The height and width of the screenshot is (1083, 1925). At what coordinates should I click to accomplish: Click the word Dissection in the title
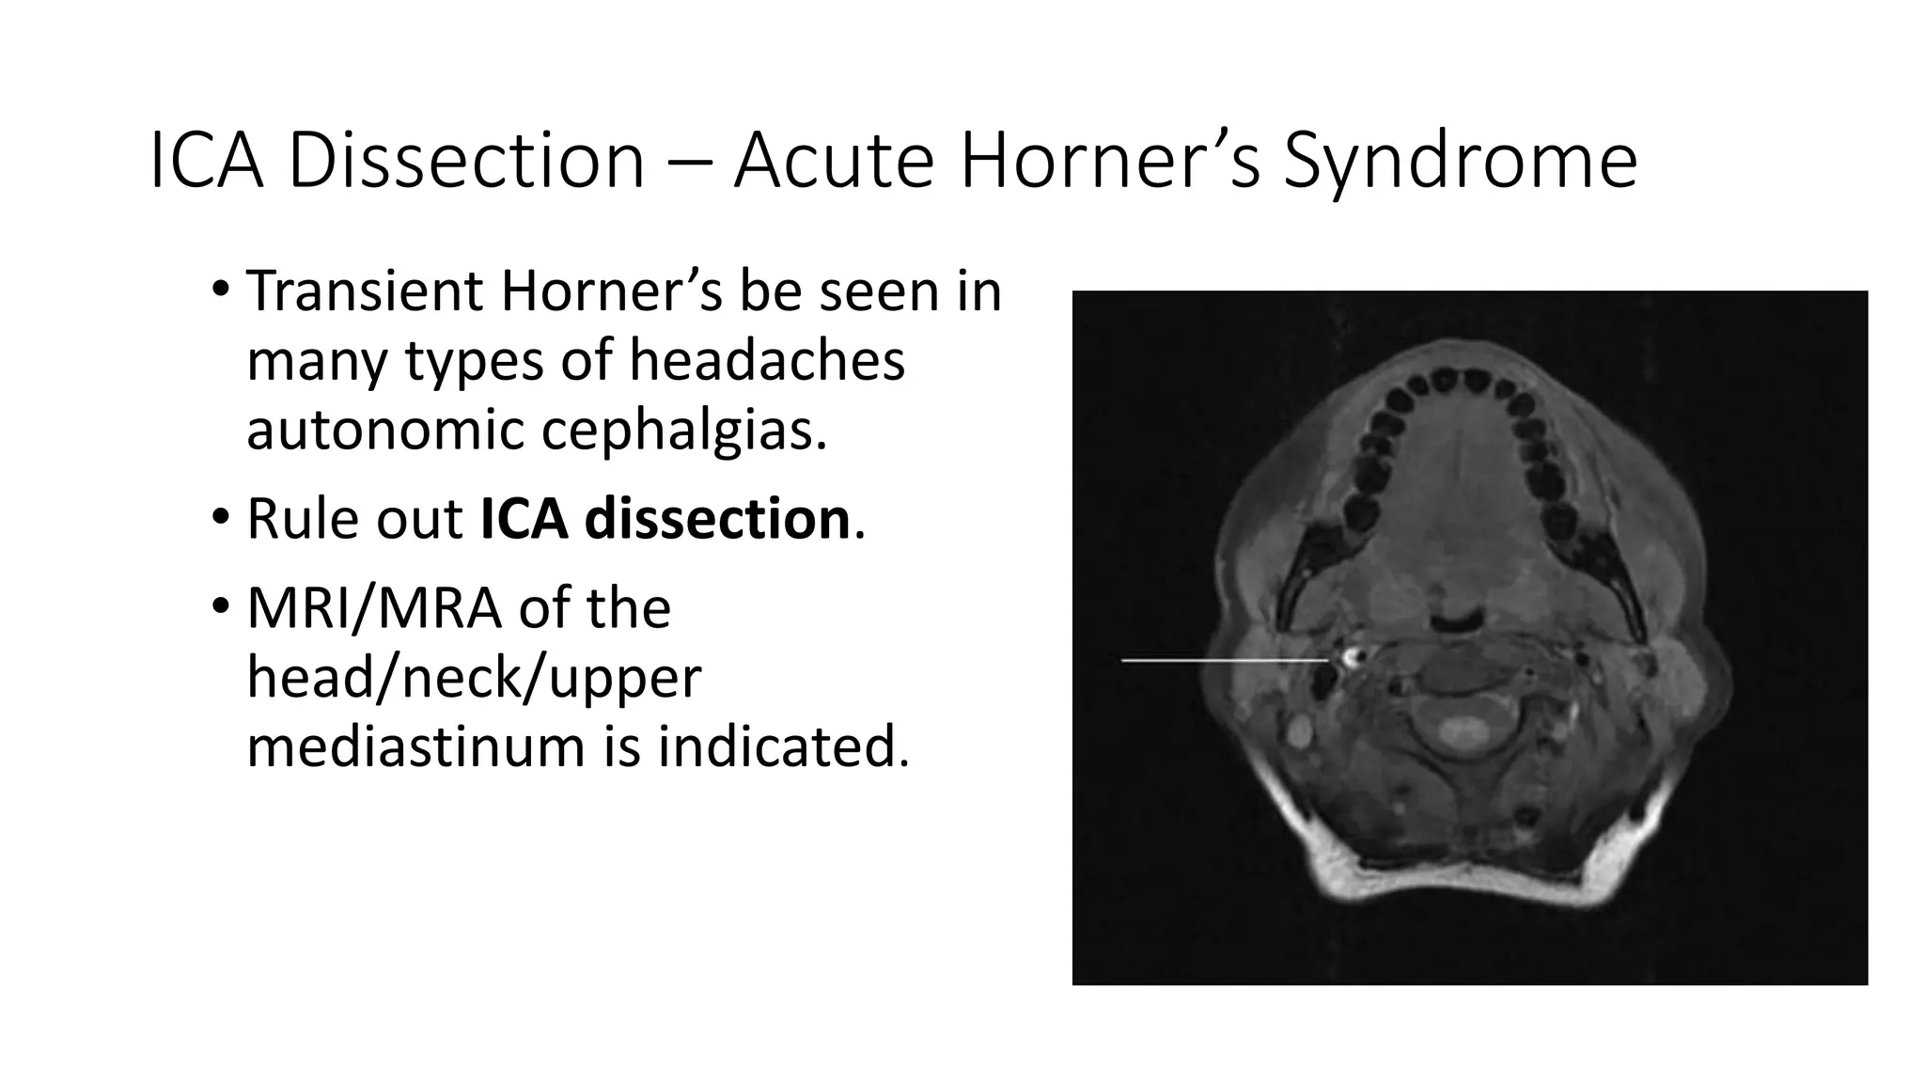pyautogui.click(x=466, y=162)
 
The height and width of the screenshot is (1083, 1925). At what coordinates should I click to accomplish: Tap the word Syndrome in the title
pyautogui.click(x=1460, y=162)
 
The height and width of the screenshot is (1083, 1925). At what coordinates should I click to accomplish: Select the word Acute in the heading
pyautogui.click(x=834, y=162)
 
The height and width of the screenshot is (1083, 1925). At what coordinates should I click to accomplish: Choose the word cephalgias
pyautogui.click(x=683, y=431)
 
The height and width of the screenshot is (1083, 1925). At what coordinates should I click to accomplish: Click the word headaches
pyautogui.click(x=766, y=361)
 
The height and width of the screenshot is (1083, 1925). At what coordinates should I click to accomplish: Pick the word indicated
pyautogui.click(x=783, y=747)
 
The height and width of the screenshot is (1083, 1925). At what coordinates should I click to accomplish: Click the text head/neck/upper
pyautogui.click(x=474, y=678)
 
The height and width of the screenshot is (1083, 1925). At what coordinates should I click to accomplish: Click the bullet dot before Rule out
pyautogui.click(x=220, y=518)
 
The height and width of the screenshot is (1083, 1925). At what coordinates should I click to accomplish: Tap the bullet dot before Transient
pyautogui.click(x=220, y=290)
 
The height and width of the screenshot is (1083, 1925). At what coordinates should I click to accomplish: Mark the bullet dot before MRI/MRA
pyautogui.click(x=220, y=607)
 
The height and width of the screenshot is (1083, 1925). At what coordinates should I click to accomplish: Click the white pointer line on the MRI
pyautogui.click(x=1222, y=661)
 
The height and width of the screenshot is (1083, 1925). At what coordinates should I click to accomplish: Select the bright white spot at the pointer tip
pyautogui.click(x=1352, y=656)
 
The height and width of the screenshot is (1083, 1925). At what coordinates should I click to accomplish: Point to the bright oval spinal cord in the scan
pyautogui.click(x=1458, y=729)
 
